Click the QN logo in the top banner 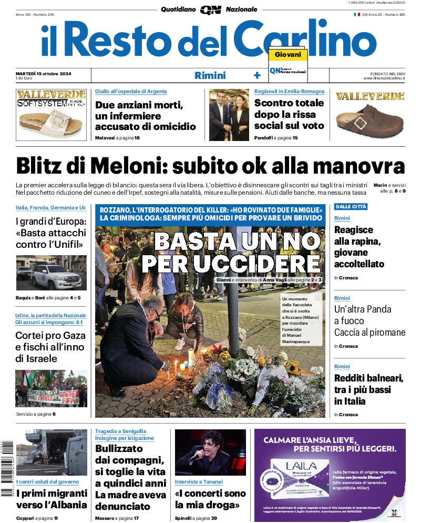pyautogui.click(x=210, y=9)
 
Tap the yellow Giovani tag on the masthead pyautogui.click(x=287, y=55)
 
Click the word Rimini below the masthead pyautogui.click(x=210, y=75)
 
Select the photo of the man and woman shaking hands pyautogui.click(x=229, y=114)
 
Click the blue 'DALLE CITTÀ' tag pyautogui.click(x=351, y=207)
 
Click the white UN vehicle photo pyautogui.click(x=51, y=274)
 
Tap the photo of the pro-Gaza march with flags pyautogui.click(x=51, y=388)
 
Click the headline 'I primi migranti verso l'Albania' pyautogui.click(x=51, y=499)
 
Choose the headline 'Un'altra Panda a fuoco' pyautogui.click(x=363, y=315)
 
